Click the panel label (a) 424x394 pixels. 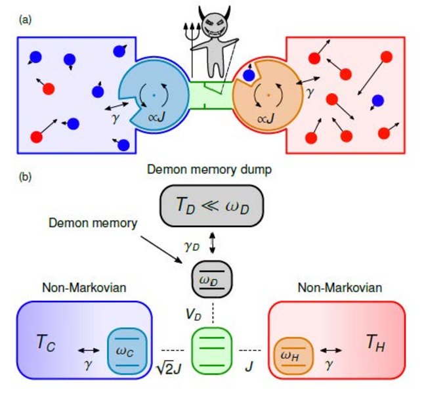point(24,20)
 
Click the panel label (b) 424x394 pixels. point(24,177)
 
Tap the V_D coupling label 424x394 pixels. point(194,313)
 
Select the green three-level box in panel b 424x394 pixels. point(212,349)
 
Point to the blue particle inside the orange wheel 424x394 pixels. point(249,76)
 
